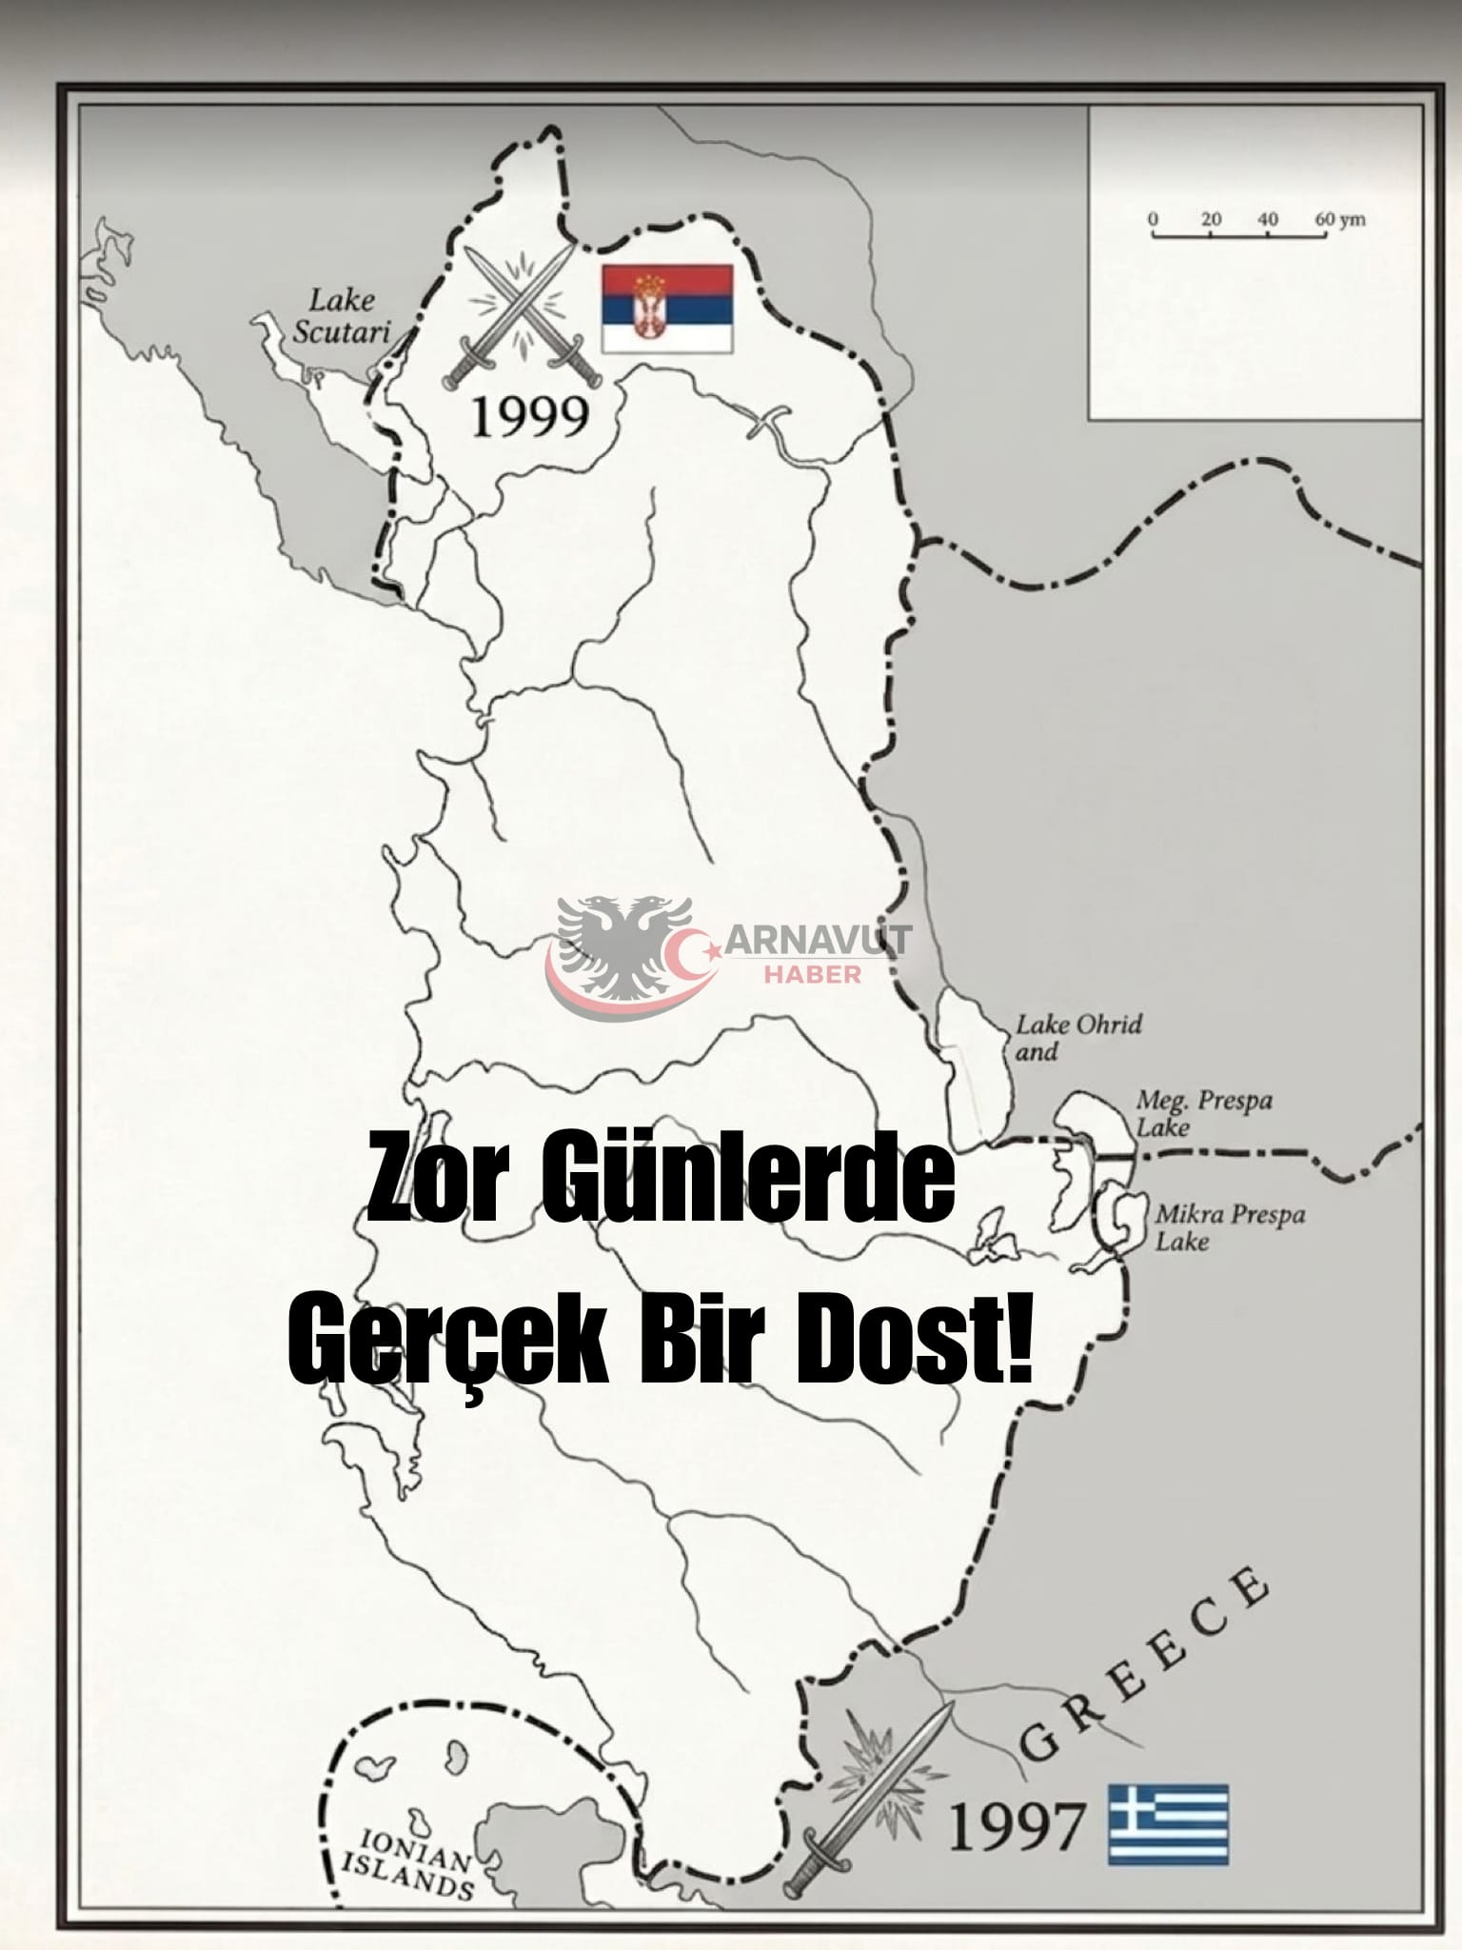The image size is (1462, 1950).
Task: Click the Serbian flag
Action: [x=666, y=308]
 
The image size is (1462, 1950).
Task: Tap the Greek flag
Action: [x=1168, y=1823]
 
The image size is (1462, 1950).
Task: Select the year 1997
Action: [x=1017, y=1826]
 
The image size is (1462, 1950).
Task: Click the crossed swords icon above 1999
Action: [x=523, y=314]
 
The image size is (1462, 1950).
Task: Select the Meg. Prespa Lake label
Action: [x=1203, y=1113]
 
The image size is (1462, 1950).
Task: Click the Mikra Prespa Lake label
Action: [x=1229, y=1227]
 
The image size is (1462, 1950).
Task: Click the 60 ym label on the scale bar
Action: [x=1339, y=220]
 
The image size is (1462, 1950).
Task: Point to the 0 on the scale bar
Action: [x=1154, y=220]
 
